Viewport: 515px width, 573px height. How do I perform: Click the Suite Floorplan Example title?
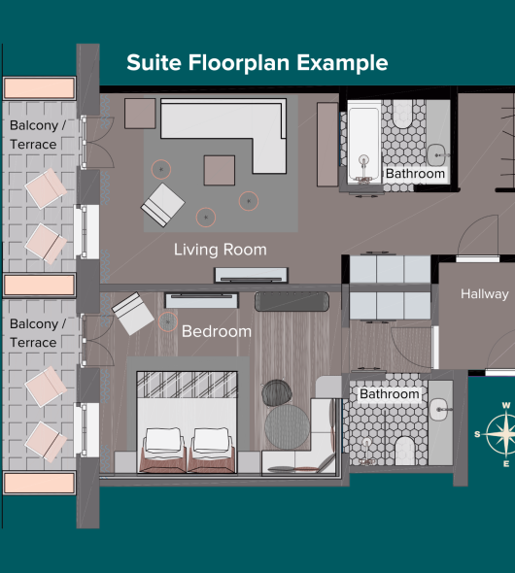pyautogui.click(x=257, y=63)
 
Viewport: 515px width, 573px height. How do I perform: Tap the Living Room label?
pyautogui.click(x=220, y=250)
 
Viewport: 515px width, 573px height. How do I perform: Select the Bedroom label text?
pyautogui.click(x=217, y=331)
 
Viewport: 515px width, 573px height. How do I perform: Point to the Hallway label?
pyautogui.click(x=484, y=294)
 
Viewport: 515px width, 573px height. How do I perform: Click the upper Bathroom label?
pyautogui.click(x=415, y=174)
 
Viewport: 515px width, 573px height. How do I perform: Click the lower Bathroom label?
pyautogui.click(x=390, y=394)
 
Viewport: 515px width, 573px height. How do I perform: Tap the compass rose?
pyautogui.click(x=503, y=434)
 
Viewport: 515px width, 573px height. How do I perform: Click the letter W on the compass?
pyautogui.click(x=506, y=405)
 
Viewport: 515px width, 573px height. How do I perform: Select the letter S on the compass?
pyautogui.click(x=477, y=434)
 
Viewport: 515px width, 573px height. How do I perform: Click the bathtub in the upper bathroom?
pyautogui.click(x=363, y=143)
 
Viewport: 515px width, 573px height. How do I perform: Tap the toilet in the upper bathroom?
pyautogui.click(x=402, y=114)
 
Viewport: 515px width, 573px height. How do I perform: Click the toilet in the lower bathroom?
pyautogui.click(x=404, y=451)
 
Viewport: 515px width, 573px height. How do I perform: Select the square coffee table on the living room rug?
pyautogui.click(x=220, y=170)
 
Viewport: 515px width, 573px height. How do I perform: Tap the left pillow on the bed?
pyautogui.click(x=163, y=440)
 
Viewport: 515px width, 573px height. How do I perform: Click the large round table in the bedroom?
pyautogui.click(x=288, y=426)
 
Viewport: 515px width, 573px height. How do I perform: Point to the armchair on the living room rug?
pyautogui.click(x=163, y=205)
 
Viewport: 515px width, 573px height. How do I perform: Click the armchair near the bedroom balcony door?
pyautogui.click(x=133, y=313)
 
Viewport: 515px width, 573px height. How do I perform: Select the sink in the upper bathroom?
pyautogui.click(x=437, y=155)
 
